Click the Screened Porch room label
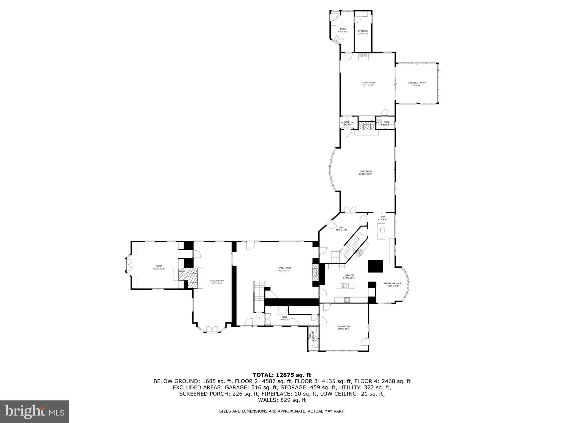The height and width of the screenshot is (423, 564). pos(417,83)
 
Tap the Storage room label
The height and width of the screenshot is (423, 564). pos(363,31)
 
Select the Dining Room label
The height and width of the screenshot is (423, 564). pos(343,326)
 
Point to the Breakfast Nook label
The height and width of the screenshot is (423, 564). pos(392,283)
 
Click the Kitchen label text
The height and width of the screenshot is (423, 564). pos(349,275)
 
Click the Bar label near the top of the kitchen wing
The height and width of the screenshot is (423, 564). pos(383,217)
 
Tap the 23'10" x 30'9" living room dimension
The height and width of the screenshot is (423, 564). pos(365,174)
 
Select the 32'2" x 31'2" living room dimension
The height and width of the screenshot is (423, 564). pos(284,271)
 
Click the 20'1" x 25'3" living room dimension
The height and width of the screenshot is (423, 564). pos(368,85)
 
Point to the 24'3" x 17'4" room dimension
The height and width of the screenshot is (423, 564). pos(159,269)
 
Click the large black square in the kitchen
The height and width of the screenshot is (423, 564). pos(375,266)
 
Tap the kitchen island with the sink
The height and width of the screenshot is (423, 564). pos(345,286)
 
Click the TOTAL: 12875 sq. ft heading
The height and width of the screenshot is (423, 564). pos(282,375)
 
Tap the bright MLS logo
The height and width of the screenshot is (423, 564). pos(34,411)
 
